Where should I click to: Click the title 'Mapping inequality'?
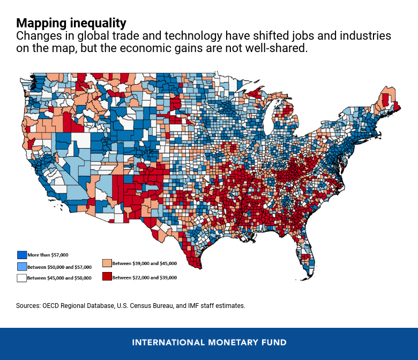pos(71,23)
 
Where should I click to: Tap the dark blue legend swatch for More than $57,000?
pos(22,255)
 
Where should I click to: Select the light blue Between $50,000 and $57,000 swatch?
pos(22,266)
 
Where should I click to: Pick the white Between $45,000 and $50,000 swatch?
pos(22,277)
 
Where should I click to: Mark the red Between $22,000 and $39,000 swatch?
pos(107,277)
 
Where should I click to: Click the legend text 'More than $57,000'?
pos(49,255)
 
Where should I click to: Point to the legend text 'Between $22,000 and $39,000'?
pos(145,277)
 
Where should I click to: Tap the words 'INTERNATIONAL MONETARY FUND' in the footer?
pos(209,342)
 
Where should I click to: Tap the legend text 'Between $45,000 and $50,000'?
pos(59,278)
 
